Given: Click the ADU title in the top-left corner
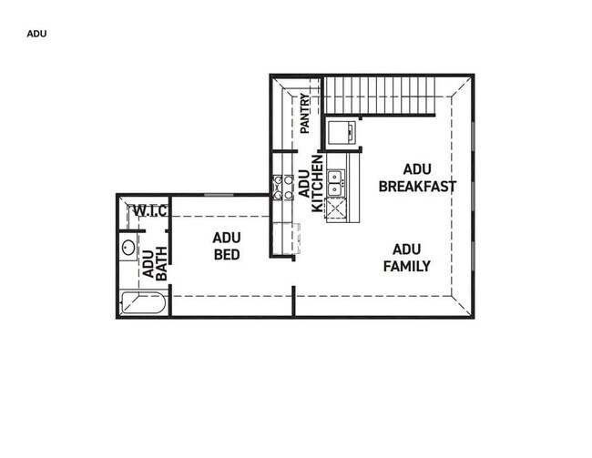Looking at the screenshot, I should pyautogui.click(x=36, y=34).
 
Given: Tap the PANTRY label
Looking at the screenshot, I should pyautogui.click(x=305, y=114).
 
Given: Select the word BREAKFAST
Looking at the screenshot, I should pyautogui.click(x=417, y=187).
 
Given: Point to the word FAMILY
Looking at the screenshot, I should pyautogui.click(x=406, y=266).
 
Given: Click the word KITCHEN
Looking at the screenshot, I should pyautogui.click(x=317, y=185).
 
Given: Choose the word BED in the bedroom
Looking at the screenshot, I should pyautogui.click(x=227, y=255).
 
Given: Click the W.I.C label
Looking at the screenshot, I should pyautogui.click(x=149, y=211).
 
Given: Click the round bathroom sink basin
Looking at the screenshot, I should pyautogui.click(x=128, y=247).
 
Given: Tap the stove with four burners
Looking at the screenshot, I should pyautogui.click(x=282, y=187).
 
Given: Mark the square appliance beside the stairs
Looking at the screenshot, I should pyautogui.click(x=343, y=132).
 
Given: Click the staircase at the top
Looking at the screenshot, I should pyautogui.click(x=387, y=95).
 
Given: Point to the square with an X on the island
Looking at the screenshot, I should pyautogui.click(x=335, y=209).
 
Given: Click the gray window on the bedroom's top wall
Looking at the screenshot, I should pyautogui.click(x=218, y=195).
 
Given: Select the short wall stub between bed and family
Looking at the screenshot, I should pyautogui.click(x=293, y=300).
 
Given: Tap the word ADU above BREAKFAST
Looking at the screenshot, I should pyautogui.click(x=416, y=169).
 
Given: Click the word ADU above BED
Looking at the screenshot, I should pyautogui.click(x=227, y=239).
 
